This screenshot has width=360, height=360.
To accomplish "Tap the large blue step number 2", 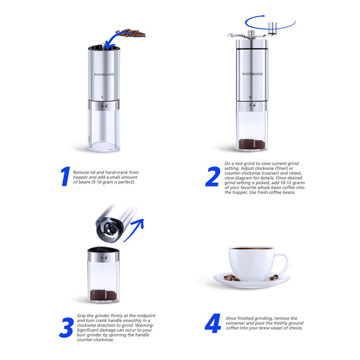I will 212,177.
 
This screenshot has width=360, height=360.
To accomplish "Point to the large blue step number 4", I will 212,325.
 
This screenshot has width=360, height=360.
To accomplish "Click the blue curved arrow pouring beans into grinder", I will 109,41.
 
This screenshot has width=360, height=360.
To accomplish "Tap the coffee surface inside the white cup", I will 251,248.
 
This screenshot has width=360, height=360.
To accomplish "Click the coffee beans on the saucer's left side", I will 230,278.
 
